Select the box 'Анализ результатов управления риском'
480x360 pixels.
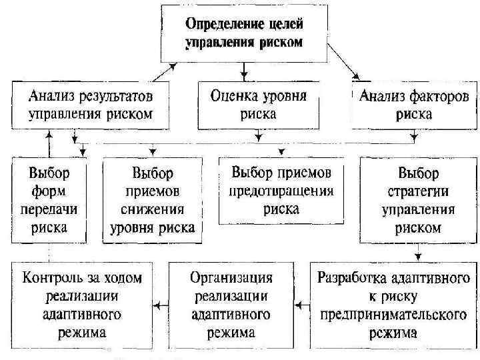tap(91, 104)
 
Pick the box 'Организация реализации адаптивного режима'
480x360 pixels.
tap(230, 304)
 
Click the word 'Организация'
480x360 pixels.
tap(230, 277)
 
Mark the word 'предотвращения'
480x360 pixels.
tap(281, 191)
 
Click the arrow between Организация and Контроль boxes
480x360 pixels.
tap(160, 305)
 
